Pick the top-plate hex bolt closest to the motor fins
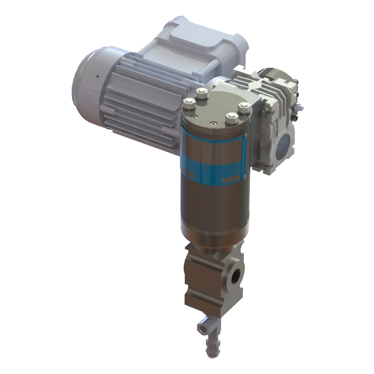pos(202,93)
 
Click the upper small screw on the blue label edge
pos(246,135)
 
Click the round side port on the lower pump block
pos(236,276)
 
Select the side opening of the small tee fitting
pos(202,329)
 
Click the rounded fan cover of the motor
pos(88,82)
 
